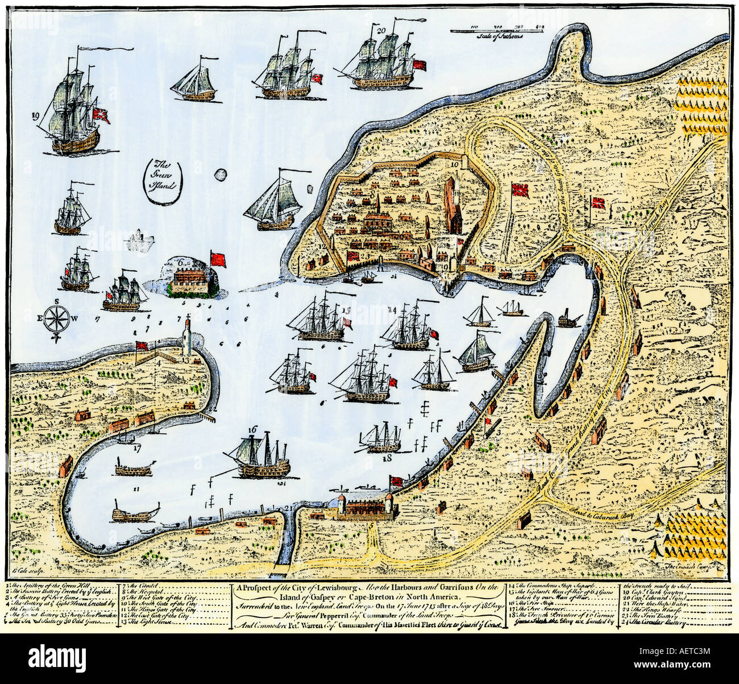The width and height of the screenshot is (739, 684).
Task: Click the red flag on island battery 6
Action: click(218, 259)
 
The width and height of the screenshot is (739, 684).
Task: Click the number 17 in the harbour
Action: click(136, 448)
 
